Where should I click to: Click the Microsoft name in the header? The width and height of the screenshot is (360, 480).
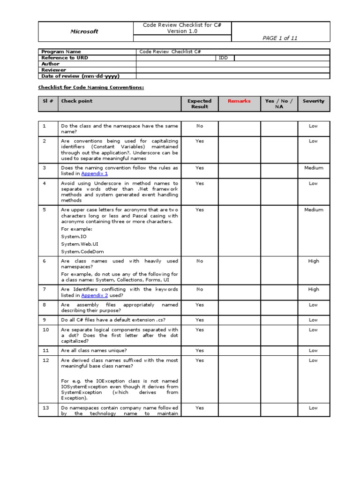pyautogui.click(x=84, y=31)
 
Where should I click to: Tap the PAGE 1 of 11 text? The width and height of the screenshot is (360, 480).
pyautogui.click(x=279, y=38)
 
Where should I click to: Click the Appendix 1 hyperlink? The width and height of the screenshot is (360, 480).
pyautogui.click(x=94, y=173)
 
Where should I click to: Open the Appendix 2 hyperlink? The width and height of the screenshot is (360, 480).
pyautogui.click(x=95, y=295)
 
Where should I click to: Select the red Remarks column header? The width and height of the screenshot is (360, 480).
pyautogui.click(x=239, y=101)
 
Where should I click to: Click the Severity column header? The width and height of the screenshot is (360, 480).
pyautogui.click(x=314, y=101)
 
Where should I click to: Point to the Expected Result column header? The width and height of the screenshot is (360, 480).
pyautogui.click(x=199, y=104)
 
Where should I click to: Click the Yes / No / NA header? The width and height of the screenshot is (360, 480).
pyautogui.click(x=279, y=104)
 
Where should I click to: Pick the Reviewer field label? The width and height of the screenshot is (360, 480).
pyautogui.click(x=54, y=70)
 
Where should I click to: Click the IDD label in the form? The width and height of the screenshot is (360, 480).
pyautogui.click(x=223, y=58)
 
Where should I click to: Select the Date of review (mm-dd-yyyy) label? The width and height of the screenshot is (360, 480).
pyautogui.click(x=80, y=76)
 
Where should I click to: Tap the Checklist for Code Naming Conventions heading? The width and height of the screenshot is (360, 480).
pyautogui.click(x=90, y=88)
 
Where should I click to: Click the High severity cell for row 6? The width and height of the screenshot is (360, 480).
pyautogui.click(x=314, y=261)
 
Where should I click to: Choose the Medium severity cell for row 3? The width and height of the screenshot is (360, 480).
pyautogui.click(x=314, y=167)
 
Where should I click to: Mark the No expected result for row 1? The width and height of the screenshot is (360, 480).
pyautogui.click(x=200, y=126)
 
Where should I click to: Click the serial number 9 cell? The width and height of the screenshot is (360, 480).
pyautogui.click(x=45, y=320)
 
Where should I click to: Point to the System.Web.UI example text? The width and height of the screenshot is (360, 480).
pyautogui.click(x=80, y=244)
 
